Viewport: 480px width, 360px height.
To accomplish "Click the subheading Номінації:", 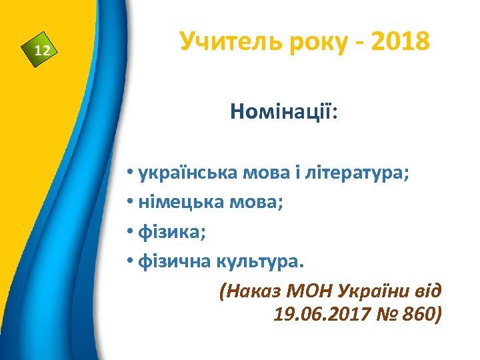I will [x=284, y=111].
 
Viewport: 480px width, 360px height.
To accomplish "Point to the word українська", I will [x=179, y=175].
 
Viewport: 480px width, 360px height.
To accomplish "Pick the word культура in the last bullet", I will [x=259, y=261].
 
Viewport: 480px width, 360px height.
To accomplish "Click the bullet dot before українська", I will [x=129, y=175].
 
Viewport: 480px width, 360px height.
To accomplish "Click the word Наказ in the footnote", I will [x=249, y=291].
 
